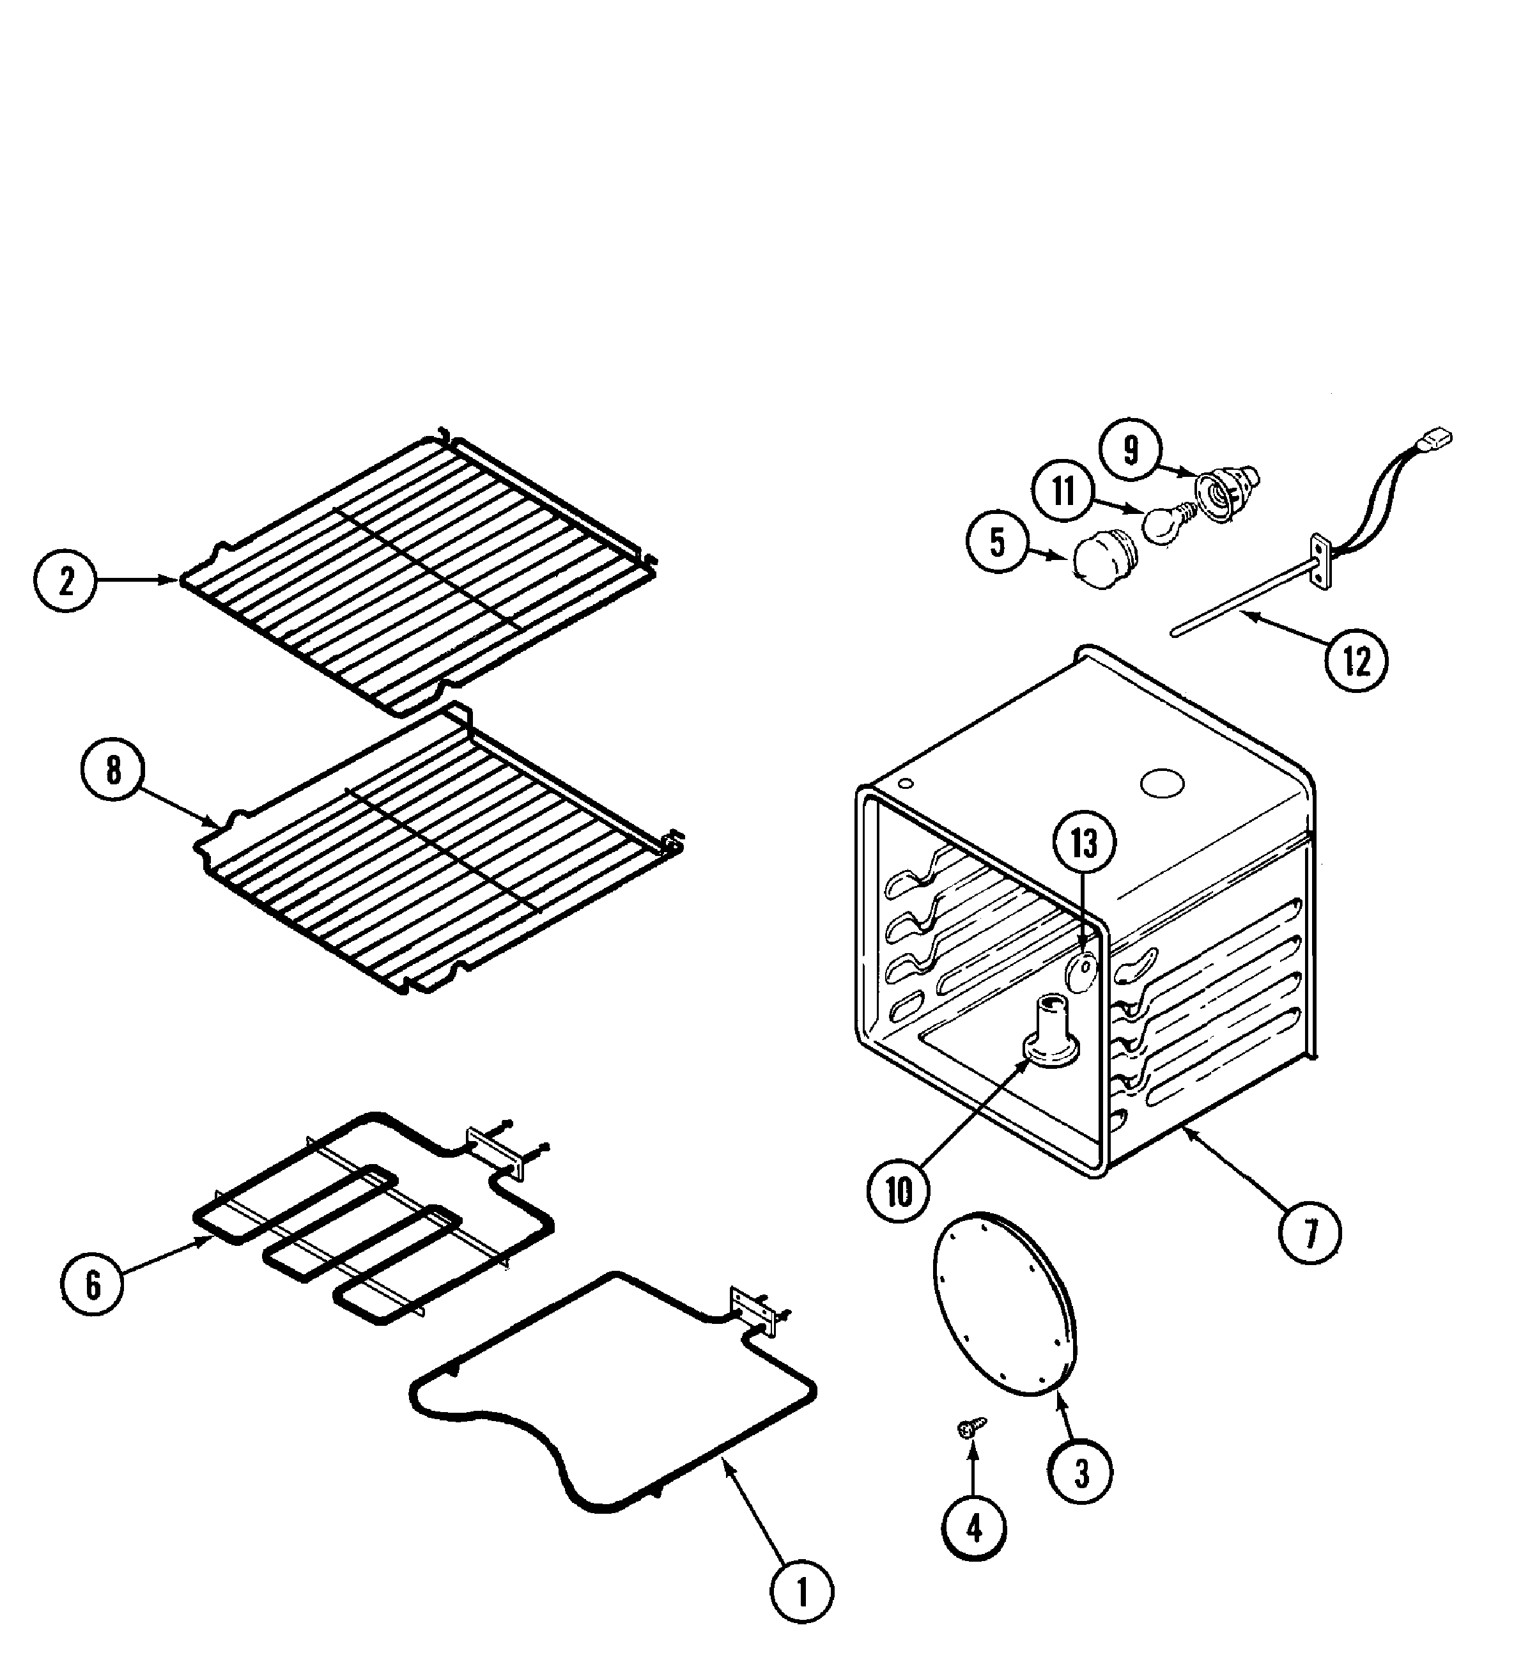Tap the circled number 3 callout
click(1081, 1472)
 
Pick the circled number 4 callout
click(974, 1528)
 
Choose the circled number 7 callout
click(1310, 1234)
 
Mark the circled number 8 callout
click(112, 770)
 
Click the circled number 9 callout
click(1131, 449)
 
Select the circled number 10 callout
click(899, 1192)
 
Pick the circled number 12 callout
click(1356, 660)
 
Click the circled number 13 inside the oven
click(1084, 844)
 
